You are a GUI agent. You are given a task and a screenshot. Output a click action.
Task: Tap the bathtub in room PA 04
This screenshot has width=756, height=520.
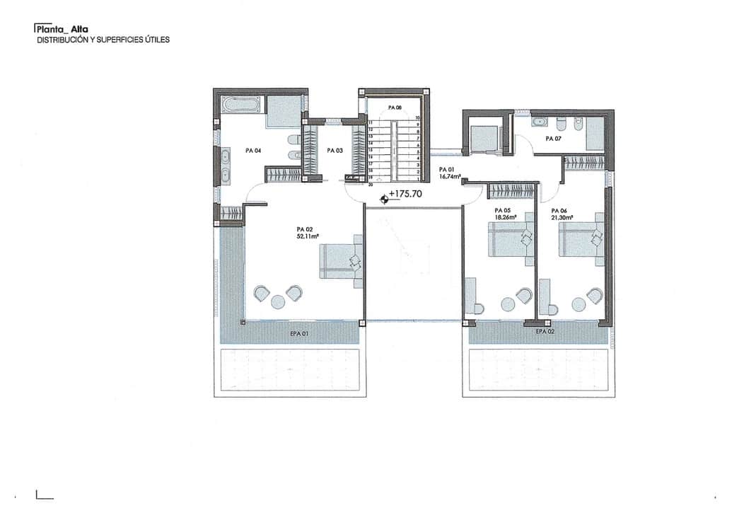(240, 105)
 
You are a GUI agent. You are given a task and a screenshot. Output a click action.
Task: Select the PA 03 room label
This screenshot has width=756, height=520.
(335, 151)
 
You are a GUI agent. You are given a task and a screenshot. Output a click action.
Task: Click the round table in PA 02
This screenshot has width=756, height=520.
(278, 302)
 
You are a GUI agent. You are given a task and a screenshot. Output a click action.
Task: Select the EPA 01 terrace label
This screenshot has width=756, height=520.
(300, 333)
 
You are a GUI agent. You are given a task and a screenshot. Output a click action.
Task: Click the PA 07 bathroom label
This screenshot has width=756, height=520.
(553, 139)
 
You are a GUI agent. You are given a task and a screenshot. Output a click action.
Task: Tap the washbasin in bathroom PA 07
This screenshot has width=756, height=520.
(539, 122)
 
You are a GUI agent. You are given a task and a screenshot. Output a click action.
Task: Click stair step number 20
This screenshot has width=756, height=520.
(369, 183)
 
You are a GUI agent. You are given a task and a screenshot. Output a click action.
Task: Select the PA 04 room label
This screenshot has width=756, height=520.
(253, 151)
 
